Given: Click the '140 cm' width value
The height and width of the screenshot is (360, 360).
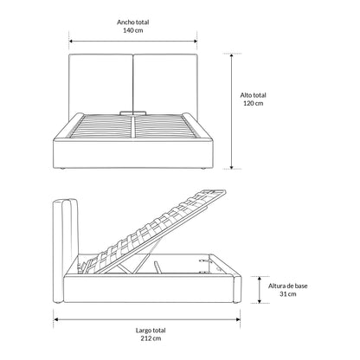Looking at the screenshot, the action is click(133, 30).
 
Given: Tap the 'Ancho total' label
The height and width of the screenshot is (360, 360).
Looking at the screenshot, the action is click(133, 22).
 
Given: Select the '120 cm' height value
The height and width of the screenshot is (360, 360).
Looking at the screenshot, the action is click(254, 103).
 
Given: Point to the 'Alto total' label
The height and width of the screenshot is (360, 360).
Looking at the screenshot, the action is click(254, 95).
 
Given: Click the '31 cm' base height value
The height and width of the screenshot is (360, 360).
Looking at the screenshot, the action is click(288, 294).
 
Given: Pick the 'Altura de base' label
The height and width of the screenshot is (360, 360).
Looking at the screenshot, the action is click(288, 286).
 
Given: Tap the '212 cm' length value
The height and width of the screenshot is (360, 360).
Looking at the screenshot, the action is click(151, 338).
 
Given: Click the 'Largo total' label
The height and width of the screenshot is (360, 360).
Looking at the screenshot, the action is click(151, 331).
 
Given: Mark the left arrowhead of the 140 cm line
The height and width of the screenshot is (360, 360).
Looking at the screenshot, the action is click(71, 42).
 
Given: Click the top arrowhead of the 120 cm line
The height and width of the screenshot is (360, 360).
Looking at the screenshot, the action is click(231, 55).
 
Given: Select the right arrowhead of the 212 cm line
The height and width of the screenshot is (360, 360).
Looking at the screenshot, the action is click(238, 319).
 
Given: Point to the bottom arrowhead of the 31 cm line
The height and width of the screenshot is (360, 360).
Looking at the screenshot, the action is click(260, 301).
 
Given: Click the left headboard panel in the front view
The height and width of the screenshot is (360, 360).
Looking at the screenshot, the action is click(100, 84).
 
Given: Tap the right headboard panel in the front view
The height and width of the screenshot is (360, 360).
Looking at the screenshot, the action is click(165, 84).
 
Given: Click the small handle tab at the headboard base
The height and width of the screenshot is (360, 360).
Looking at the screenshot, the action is click(133, 112).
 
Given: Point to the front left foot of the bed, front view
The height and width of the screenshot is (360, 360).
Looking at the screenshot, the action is click(61, 169).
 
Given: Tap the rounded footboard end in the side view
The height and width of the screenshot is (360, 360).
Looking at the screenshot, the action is click(237, 289).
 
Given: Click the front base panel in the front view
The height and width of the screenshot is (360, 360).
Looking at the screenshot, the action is click(133, 155).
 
